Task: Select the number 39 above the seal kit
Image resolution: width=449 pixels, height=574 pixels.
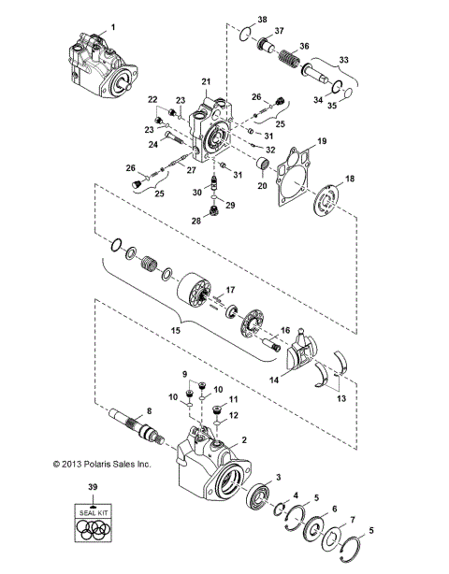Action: click(92, 487)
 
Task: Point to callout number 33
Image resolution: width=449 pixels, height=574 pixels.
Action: click(343, 60)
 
